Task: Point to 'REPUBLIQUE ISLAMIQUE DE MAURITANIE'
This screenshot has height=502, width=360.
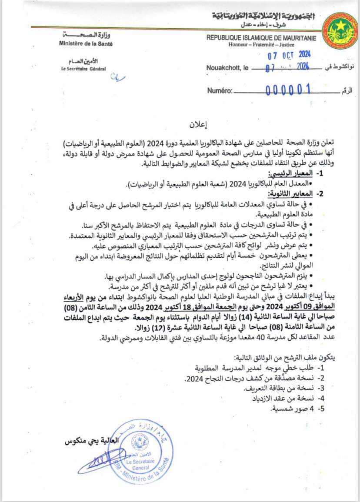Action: click(261, 38)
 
